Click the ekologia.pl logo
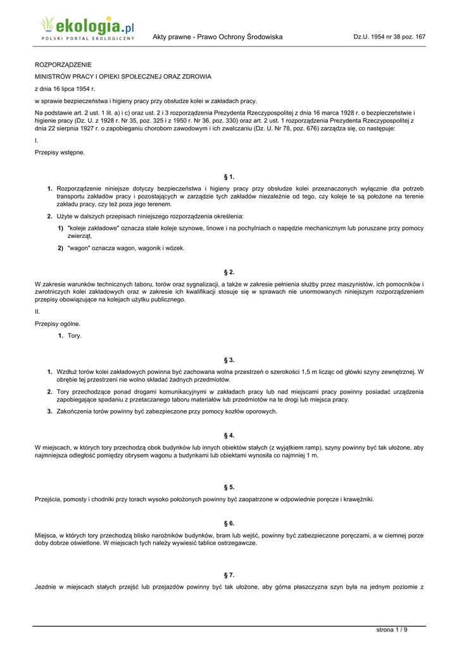coord(87,28)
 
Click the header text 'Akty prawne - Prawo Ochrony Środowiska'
coord(217,37)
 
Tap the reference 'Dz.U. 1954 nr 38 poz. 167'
coord(389,37)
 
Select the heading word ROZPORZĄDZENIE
coord(63,65)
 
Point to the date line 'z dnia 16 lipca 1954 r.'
coord(65,89)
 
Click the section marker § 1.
coord(229,177)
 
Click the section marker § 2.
coord(229,271)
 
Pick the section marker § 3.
coord(229,359)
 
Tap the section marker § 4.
coord(229,435)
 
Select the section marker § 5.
coord(229,487)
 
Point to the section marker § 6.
coord(229,523)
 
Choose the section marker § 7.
coord(229,575)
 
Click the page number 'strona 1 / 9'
coord(392,630)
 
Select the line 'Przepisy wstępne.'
coord(60,153)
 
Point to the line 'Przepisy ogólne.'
coord(58,323)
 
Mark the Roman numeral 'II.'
coord(37,311)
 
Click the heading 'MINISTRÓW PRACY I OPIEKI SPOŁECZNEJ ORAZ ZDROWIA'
coord(123,77)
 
